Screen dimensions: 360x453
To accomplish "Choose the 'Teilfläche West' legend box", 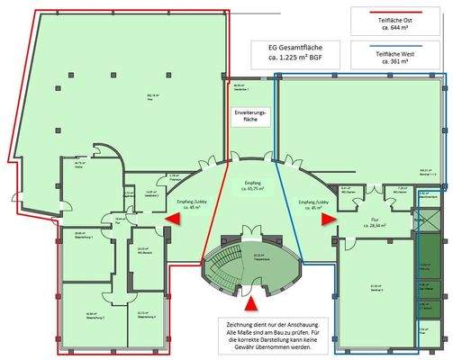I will (x=392, y=58).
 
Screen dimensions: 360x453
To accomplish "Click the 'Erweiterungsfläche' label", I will (x=249, y=117).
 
